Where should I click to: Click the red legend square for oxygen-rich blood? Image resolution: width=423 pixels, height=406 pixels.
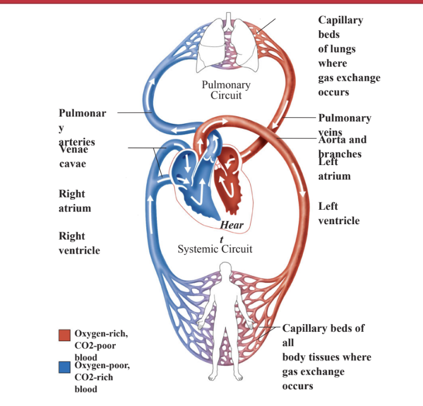[x=65, y=335]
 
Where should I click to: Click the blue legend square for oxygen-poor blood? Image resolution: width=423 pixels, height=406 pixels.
[x=65, y=367]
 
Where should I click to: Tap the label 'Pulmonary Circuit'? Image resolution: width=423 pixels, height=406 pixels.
[x=226, y=90]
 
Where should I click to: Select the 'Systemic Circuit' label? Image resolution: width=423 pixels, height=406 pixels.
[x=215, y=249]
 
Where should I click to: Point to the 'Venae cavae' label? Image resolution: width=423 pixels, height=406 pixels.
[x=73, y=157]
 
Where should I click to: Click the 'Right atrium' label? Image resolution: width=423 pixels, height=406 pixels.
[x=75, y=201]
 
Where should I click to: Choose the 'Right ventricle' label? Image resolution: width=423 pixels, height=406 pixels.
[x=79, y=243]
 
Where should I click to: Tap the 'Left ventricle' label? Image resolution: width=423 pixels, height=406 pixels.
[x=338, y=214]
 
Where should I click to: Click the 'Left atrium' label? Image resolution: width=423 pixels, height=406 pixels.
[x=335, y=169]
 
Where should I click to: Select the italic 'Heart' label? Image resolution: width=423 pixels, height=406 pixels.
[x=231, y=225]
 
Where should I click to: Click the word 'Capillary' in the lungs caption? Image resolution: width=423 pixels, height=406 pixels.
[x=340, y=20]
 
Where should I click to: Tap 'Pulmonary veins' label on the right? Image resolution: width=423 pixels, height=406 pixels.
[x=345, y=118]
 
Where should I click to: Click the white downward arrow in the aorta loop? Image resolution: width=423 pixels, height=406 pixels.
[x=303, y=195]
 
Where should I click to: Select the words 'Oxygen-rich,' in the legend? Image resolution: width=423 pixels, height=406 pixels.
[x=101, y=333]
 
